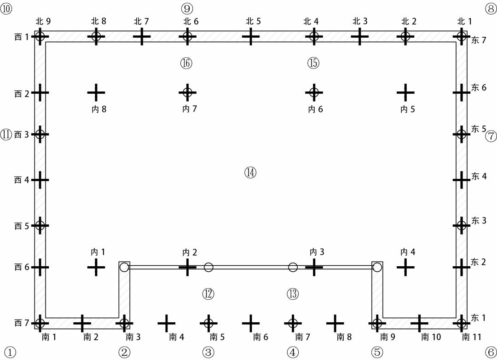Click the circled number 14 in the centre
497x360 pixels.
(x=250, y=172)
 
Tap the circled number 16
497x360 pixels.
(x=186, y=63)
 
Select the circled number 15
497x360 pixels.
(x=313, y=63)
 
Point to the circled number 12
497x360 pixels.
(x=208, y=293)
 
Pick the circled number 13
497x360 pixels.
(x=293, y=293)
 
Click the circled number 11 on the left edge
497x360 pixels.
(x=6, y=135)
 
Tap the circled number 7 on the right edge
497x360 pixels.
(x=491, y=136)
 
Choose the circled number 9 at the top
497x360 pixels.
(x=187, y=8)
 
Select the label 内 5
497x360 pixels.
(x=407, y=109)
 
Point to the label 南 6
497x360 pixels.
(x=260, y=337)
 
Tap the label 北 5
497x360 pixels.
(x=253, y=21)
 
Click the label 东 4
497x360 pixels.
(x=479, y=176)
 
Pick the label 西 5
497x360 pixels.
(x=22, y=226)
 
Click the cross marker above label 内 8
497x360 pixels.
(x=96, y=92)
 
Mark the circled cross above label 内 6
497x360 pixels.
(x=314, y=92)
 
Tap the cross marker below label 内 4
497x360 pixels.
(x=405, y=267)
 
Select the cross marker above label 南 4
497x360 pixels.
(x=166, y=323)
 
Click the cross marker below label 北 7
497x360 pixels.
(x=142, y=36)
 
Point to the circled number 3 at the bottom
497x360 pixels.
(x=208, y=352)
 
